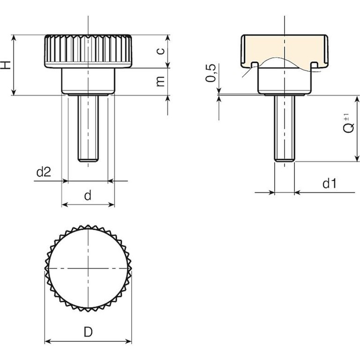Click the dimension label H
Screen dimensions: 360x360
tap(6, 65)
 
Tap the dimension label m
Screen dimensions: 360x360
tap(160, 82)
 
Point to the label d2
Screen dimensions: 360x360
tap(44, 172)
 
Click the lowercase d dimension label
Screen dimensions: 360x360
tap(88, 195)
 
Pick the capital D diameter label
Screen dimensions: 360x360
tap(88, 332)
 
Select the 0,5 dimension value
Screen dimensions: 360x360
tap(211, 73)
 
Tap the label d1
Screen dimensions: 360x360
tap(330, 184)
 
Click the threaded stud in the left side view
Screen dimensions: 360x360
tap(88, 128)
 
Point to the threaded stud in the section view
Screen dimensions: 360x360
tap(285, 128)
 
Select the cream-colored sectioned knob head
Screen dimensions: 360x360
tap(285, 49)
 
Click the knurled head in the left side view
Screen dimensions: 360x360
tap(88, 51)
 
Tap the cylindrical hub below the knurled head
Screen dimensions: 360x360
tap(88, 81)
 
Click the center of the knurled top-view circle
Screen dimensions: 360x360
tap(88, 268)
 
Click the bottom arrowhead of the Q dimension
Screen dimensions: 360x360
tap(357, 158)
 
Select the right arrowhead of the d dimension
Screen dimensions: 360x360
tap(112, 204)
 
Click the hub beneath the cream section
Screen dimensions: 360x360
tap(285, 81)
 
